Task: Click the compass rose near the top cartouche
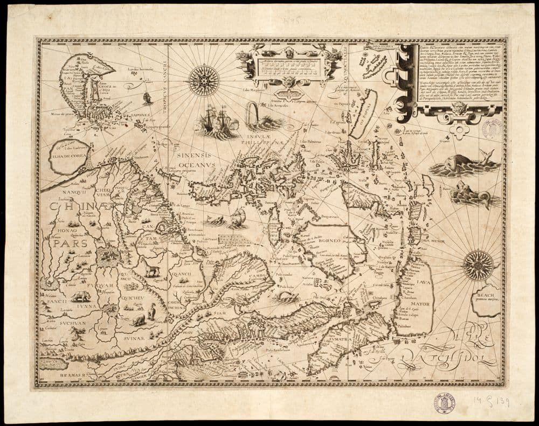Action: (204, 80)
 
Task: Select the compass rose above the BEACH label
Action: (478, 266)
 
